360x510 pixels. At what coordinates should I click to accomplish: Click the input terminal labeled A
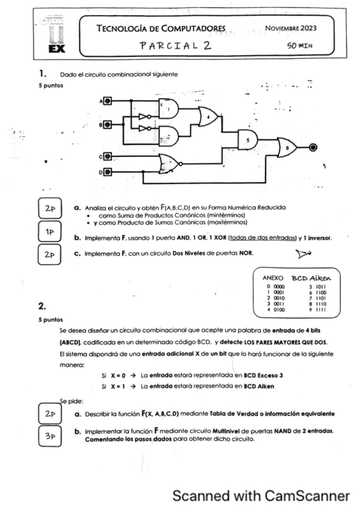(108, 101)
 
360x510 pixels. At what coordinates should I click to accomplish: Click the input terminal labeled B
(108, 124)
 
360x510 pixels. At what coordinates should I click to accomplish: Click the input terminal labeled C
(108, 156)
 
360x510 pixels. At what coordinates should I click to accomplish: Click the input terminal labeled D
(108, 173)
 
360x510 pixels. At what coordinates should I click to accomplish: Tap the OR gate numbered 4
(208, 117)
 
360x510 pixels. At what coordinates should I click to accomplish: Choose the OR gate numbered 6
(287, 147)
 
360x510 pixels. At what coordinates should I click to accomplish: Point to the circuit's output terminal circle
(313, 147)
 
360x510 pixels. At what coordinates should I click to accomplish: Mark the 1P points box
(50, 232)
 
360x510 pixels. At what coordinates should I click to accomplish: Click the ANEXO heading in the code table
(273, 278)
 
